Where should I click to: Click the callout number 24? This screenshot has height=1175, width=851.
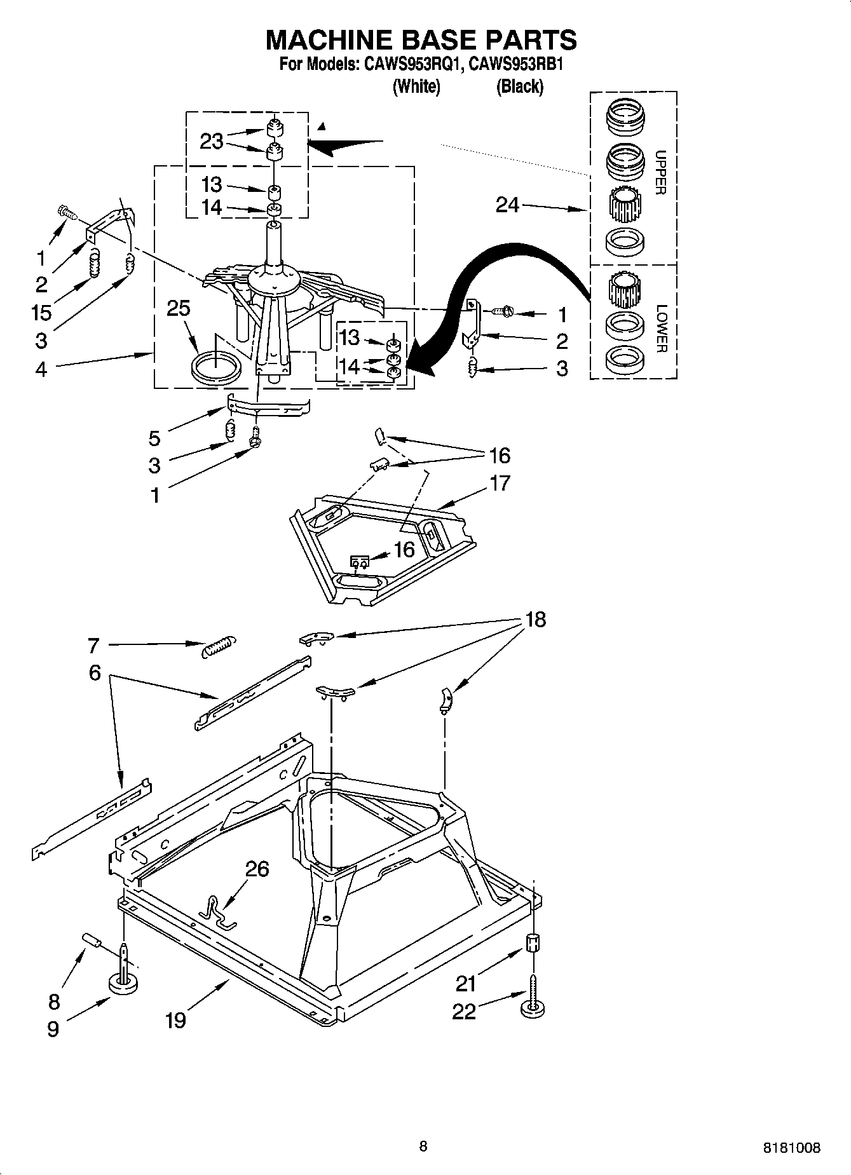point(507,205)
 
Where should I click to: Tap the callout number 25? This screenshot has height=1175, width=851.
point(179,308)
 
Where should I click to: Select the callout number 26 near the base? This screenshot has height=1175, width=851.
point(257,869)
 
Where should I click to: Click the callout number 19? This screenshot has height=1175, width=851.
point(176,1020)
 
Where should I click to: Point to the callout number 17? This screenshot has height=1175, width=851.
point(500,483)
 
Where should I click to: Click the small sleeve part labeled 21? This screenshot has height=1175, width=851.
point(534,943)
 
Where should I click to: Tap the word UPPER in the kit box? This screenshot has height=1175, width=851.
point(660,172)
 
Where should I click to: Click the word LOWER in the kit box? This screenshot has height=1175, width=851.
point(661,329)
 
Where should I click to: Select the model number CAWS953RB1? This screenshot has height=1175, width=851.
point(516,64)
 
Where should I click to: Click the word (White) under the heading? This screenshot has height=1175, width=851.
point(417,86)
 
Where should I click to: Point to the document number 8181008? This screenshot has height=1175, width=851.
point(791,1148)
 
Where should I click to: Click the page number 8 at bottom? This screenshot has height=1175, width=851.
point(423,1146)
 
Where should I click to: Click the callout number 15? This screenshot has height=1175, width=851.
point(41,312)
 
